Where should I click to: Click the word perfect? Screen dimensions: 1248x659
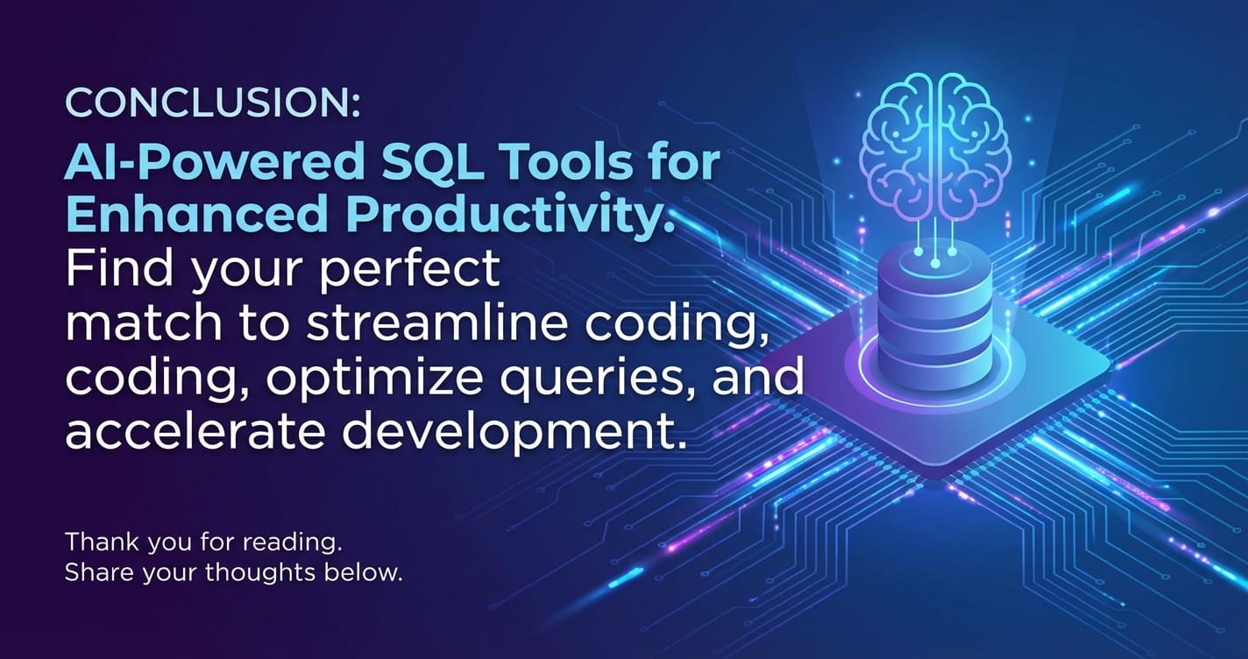click(409, 270)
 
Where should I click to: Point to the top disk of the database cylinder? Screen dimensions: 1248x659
click(935, 268)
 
